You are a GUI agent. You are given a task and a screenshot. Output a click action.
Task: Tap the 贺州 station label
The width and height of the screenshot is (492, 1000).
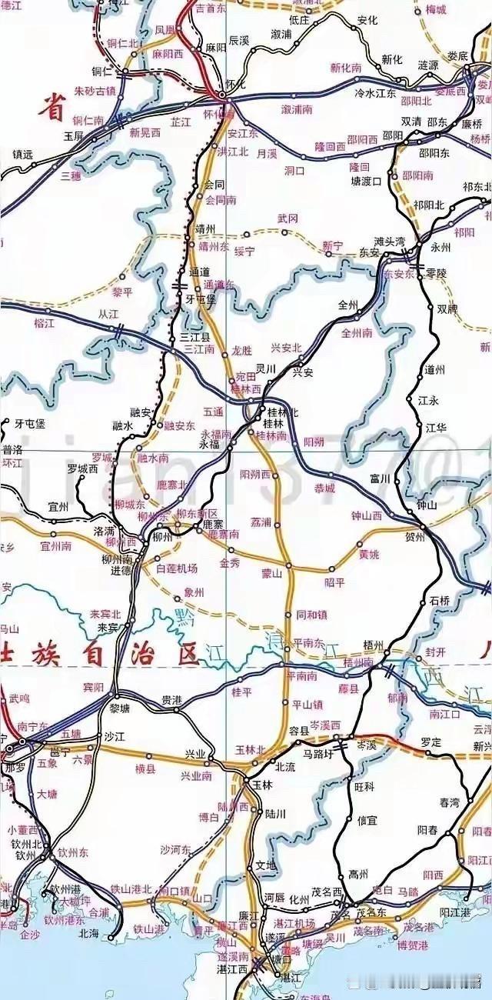point(414,538)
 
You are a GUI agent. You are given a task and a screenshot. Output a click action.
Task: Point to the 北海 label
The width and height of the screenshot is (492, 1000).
point(89,933)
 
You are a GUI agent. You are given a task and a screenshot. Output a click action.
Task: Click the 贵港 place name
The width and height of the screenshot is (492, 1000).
point(172,700)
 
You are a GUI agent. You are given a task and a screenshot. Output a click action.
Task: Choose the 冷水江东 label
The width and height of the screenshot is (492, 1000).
point(374,93)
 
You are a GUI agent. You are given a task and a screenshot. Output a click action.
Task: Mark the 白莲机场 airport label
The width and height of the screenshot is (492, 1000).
point(177,568)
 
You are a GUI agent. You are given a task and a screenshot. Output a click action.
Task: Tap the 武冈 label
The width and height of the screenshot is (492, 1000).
point(288,219)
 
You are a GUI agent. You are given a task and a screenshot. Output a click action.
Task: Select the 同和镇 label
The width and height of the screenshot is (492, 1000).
point(311,615)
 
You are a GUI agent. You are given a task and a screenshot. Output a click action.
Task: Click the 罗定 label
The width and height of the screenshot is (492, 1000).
point(431,743)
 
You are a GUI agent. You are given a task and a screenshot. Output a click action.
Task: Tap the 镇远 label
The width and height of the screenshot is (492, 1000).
point(23,155)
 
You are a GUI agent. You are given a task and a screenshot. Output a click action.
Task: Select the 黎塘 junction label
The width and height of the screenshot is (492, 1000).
point(120,708)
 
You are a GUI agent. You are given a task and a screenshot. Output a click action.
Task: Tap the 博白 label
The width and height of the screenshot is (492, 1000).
point(209,817)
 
